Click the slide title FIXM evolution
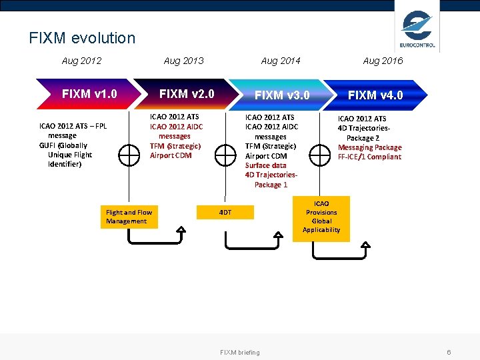[x=82, y=38]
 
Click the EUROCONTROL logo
[x=417, y=29]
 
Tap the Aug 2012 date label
[x=81, y=61]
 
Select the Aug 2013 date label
[x=183, y=61]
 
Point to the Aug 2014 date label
[x=281, y=61]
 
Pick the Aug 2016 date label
[x=383, y=61]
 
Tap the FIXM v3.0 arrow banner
[x=281, y=95]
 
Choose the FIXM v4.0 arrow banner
[x=375, y=95]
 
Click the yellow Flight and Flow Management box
[x=129, y=217]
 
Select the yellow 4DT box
[x=225, y=212]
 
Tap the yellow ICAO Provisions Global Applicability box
[x=321, y=217]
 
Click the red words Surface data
[x=265, y=165]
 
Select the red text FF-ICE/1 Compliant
[x=369, y=157]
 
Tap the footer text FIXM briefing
[x=240, y=352]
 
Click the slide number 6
[x=449, y=352]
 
